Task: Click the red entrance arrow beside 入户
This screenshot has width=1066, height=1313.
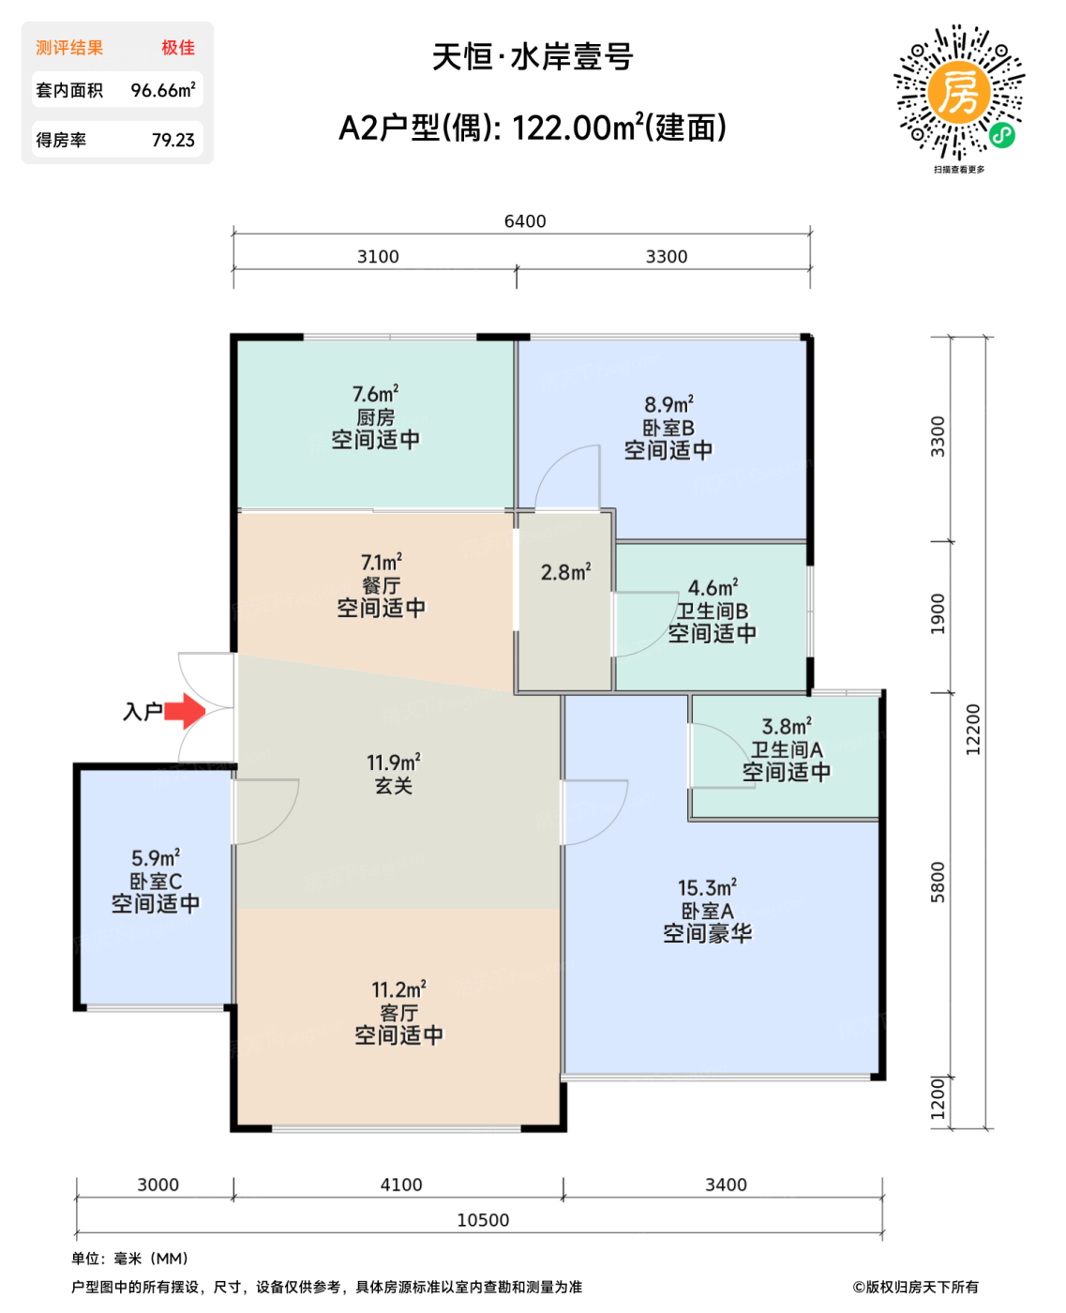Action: pos(185,710)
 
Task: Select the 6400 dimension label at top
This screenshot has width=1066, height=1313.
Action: pos(525,221)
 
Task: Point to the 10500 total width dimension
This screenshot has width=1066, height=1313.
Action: pos(483,1220)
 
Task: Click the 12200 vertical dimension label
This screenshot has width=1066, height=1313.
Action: pos(972,730)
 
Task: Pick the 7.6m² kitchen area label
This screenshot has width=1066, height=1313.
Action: pos(375,393)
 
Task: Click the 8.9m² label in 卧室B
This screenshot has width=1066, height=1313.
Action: pos(668,404)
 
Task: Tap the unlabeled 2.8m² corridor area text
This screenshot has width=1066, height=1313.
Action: pos(565,572)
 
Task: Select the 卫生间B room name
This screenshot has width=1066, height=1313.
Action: pos(713,611)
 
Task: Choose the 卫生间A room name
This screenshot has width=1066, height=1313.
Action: pos(787,749)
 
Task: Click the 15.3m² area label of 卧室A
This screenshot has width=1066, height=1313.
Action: pos(707,887)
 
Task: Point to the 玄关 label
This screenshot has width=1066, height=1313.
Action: pos(394,786)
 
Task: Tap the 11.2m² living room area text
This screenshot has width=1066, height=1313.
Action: pos(398,989)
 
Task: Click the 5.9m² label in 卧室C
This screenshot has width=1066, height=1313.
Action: pos(156,857)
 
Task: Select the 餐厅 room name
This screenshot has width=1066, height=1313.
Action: pos(381,585)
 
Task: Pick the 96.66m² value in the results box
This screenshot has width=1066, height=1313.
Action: pos(163,90)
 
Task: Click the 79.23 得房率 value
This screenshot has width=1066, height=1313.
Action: pos(173,141)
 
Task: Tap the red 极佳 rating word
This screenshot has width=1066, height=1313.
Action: pos(178,48)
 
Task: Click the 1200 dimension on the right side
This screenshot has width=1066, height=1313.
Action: pos(938,1098)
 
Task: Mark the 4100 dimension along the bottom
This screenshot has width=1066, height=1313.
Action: pos(401,1185)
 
